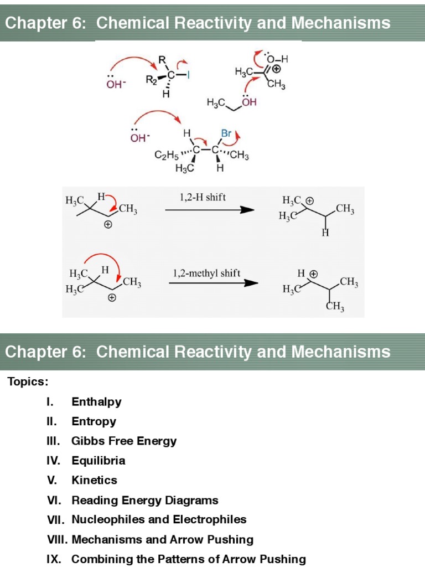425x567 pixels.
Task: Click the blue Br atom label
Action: tap(226, 133)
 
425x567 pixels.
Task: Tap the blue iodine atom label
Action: tap(188, 77)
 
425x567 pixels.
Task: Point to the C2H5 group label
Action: tap(165, 157)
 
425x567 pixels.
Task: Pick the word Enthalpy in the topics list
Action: tap(96, 402)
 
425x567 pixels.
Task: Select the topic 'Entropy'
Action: tap(94, 421)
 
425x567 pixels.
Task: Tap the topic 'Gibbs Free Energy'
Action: tap(124, 441)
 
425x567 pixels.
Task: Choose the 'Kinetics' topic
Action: tap(94, 480)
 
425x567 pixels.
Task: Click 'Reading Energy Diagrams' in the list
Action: tap(145, 501)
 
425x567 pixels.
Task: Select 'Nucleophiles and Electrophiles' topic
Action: tap(159, 519)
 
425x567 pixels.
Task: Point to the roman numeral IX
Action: tap(54, 559)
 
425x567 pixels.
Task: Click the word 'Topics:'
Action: tap(28, 382)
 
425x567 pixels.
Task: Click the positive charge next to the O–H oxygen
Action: tap(277, 69)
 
